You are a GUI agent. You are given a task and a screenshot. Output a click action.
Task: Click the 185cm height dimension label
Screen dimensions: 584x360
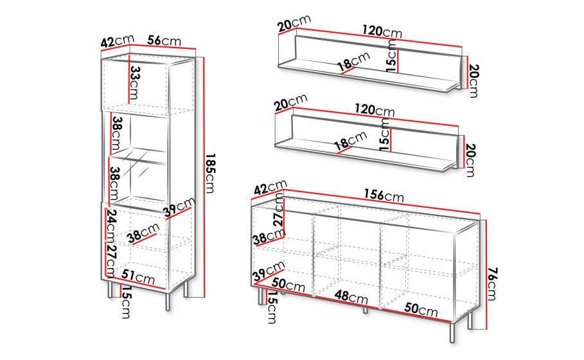(x=211, y=174)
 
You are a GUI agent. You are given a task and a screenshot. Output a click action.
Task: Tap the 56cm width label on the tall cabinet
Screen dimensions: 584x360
(x=164, y=40)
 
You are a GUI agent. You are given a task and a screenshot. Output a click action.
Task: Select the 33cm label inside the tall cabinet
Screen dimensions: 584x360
(x=134, y=83)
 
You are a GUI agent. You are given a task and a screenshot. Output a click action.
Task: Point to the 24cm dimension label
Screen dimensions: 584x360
(x=111, y=225)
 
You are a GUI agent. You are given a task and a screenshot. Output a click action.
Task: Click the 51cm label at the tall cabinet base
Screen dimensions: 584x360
(x=137, y=277)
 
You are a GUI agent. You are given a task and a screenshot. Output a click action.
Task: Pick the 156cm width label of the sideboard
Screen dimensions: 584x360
(x=384, y=195)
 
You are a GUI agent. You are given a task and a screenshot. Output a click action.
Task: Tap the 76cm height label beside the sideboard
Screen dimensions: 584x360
(x=492, y=283)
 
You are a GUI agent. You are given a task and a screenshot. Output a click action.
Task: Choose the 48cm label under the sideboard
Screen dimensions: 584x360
(x=351, y=297)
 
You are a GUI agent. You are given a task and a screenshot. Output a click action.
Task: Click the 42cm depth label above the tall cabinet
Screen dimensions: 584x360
(x=118, y=40)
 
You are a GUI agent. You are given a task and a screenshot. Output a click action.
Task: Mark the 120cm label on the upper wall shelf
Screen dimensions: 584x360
(x=382, y=32)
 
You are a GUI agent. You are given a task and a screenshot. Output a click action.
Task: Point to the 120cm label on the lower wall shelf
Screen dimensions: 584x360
(x=375, y=111)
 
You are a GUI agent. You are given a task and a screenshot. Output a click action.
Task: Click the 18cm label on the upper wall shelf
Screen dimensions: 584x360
(x=354, y=62)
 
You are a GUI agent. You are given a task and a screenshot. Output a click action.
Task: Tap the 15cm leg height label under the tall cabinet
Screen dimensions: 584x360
(x=127, y=303)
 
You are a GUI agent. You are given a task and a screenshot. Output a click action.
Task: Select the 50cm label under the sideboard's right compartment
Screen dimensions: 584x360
(x=421, y=309)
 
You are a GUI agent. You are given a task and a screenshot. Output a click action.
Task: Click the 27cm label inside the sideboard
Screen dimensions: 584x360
(x=279, y=210)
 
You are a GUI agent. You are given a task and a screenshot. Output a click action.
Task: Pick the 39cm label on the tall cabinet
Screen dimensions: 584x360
(x=179, y=207)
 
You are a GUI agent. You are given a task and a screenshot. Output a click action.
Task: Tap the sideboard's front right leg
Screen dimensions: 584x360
(x=452, y=332)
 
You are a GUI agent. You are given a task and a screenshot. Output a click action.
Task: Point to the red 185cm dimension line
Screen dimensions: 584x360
(x=204, y=177)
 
